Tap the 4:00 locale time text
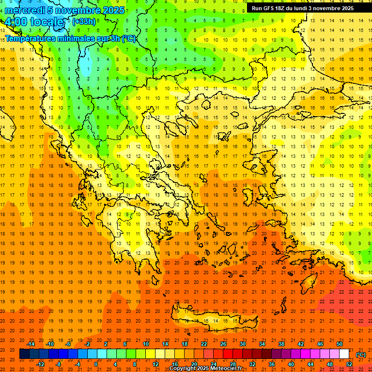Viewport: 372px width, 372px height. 34,22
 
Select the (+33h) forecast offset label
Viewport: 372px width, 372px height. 84,22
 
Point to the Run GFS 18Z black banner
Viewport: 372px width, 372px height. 302,8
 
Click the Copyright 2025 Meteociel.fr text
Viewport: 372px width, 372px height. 205,369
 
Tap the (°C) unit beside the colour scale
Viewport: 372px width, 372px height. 361,355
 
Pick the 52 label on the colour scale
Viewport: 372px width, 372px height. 349,364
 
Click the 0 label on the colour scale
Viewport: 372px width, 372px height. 96,364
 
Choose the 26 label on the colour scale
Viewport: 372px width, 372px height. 223,344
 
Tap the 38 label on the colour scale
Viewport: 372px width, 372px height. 281,344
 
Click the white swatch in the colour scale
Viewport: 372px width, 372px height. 344,354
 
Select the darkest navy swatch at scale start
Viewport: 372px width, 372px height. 24,354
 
